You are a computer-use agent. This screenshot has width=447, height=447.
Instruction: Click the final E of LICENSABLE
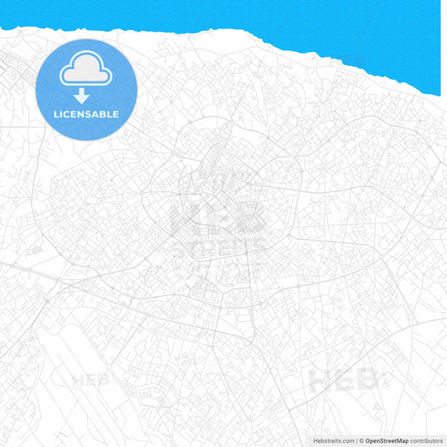[x=115, y=114]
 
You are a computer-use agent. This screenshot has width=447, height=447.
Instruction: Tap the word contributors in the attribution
[x=427, y=440]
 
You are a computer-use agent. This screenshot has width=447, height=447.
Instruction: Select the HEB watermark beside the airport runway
[x=91, y=379]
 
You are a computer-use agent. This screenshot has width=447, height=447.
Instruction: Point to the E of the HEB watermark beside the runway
[x=91, y=379]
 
